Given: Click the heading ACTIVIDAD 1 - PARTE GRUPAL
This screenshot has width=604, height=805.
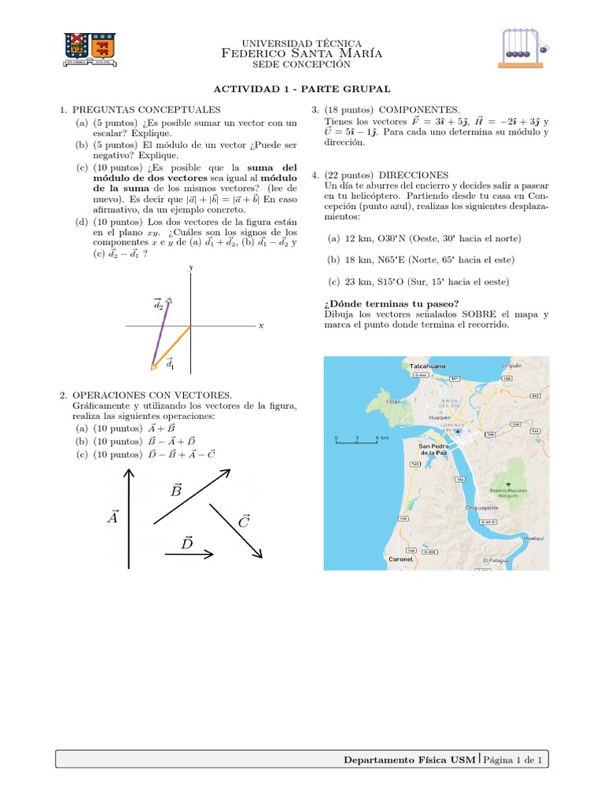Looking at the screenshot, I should point(303,90).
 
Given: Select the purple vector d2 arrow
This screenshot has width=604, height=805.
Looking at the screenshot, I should point(160,332).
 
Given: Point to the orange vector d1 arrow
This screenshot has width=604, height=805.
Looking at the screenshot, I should point(171,347).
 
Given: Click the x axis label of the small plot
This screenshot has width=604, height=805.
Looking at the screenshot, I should point(260,325).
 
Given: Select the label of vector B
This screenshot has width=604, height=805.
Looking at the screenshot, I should point(176,491).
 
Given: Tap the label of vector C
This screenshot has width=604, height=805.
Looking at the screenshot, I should point(243,521).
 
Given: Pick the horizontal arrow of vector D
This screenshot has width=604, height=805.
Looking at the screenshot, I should point(189,554).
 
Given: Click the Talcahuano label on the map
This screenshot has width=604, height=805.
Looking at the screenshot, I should point(427,366).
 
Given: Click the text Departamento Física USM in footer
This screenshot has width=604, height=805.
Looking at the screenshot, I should point(411,759).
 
